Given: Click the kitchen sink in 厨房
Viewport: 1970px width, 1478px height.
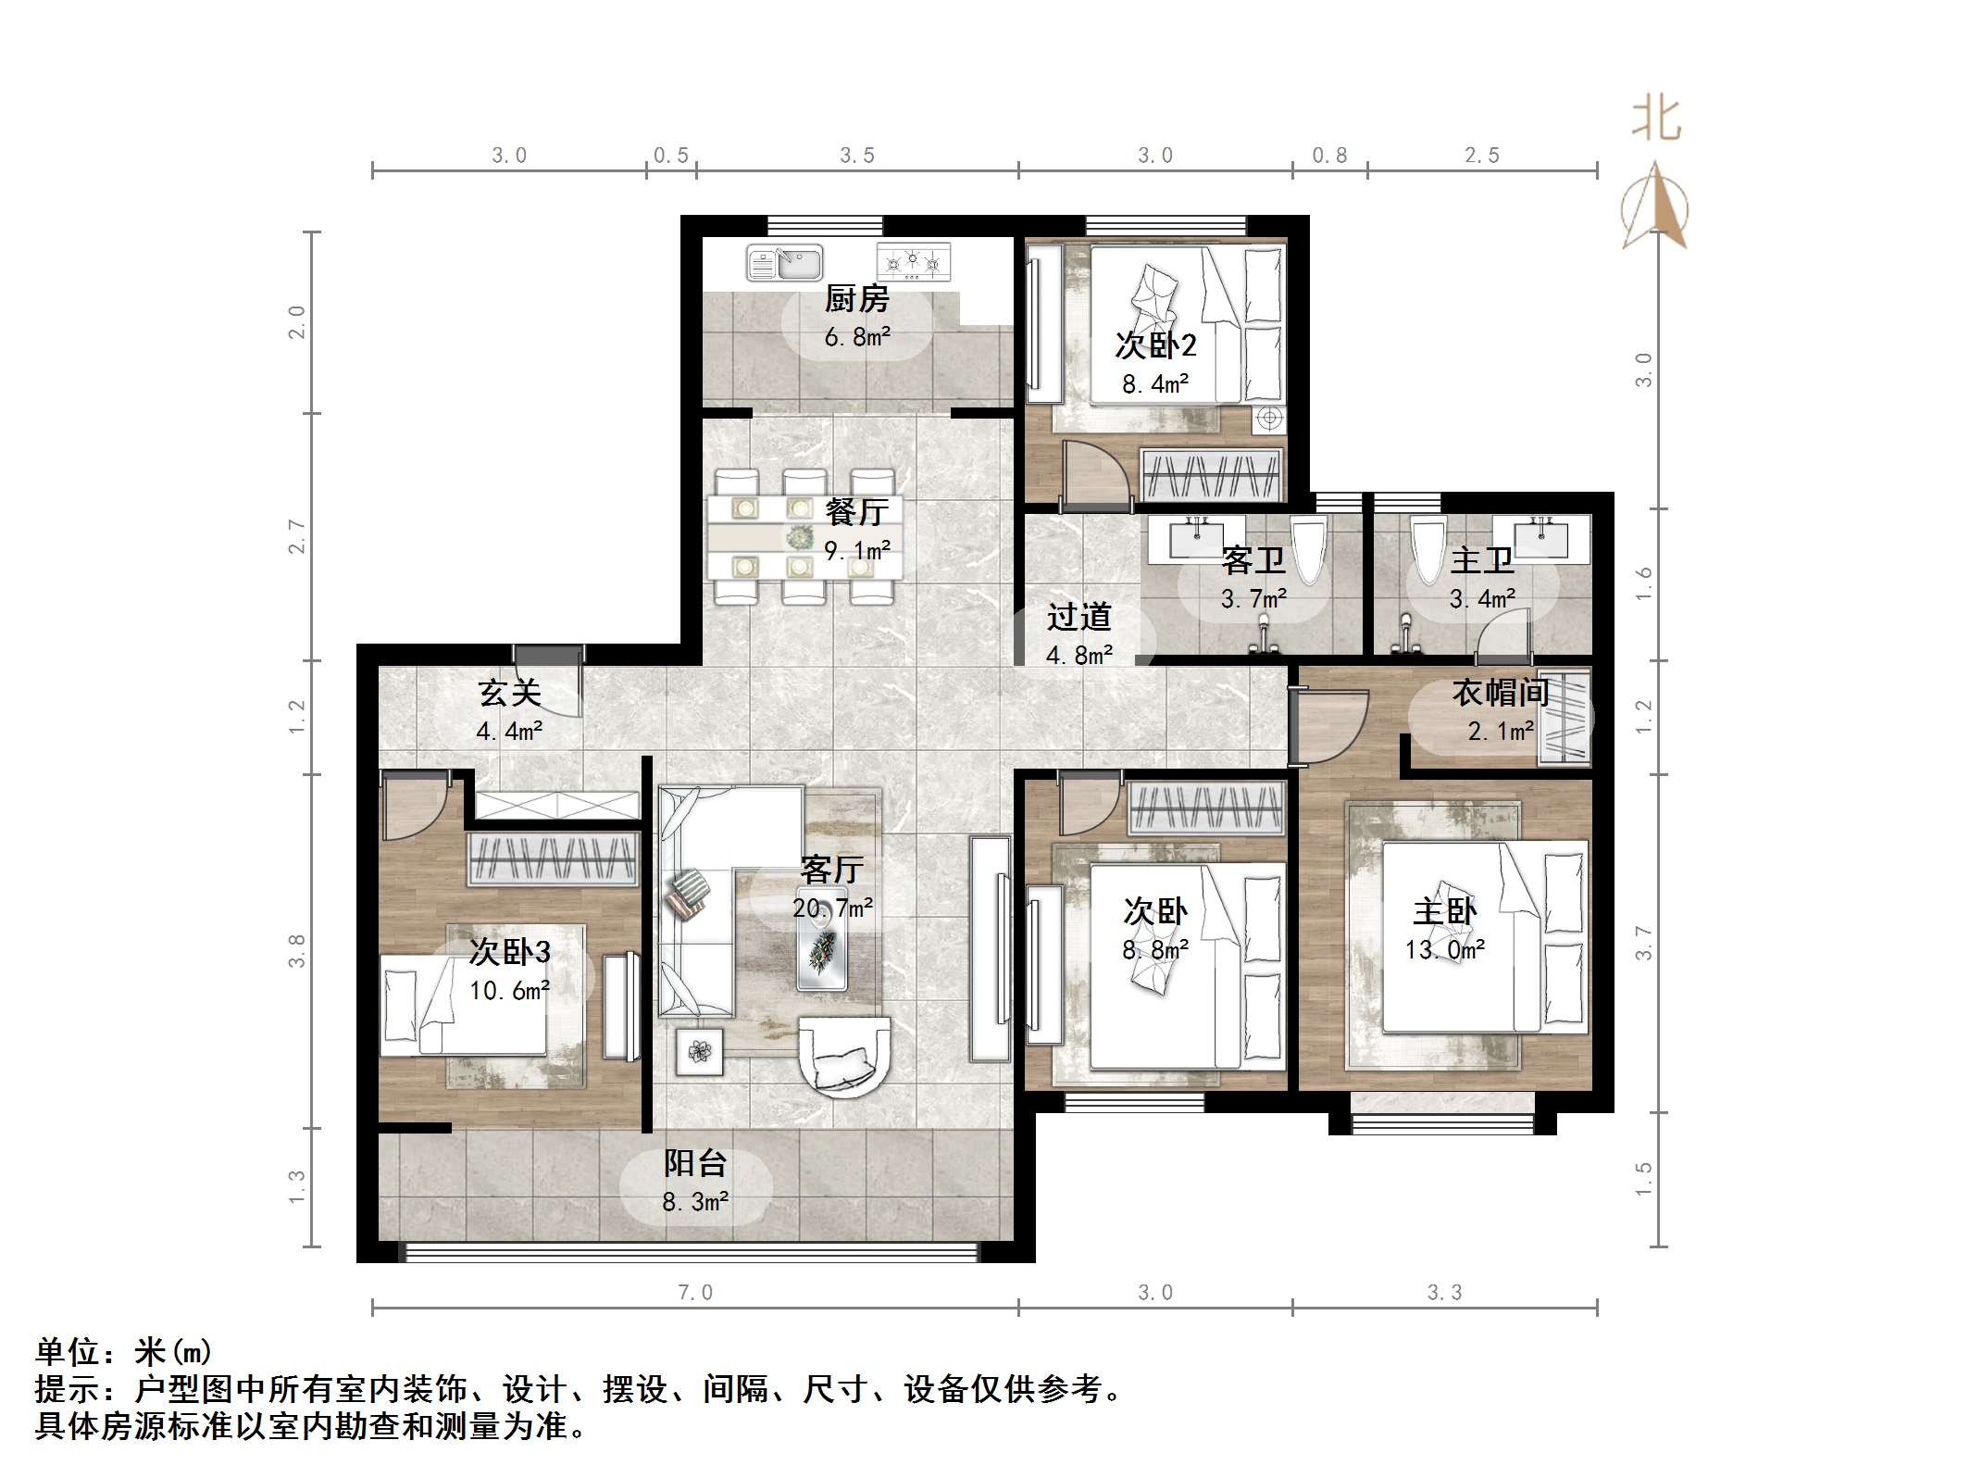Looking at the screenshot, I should [784, 263].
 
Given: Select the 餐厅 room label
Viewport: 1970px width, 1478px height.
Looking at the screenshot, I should [856, 511].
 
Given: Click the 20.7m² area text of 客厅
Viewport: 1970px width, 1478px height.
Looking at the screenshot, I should [831, 908].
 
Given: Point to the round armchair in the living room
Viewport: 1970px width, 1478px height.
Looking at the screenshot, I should [843, 1057].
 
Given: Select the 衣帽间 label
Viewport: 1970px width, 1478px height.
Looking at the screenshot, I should [1500, 692].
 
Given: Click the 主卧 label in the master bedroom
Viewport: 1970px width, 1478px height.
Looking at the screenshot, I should [1444, 911].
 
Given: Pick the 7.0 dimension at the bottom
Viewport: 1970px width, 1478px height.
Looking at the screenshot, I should [695, 1293].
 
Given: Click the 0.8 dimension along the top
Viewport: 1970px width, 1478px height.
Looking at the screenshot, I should [1329, 156].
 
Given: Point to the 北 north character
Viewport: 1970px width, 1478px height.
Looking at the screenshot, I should [1656, 120].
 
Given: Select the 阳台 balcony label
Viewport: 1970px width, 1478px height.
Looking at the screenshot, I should [695, 1163].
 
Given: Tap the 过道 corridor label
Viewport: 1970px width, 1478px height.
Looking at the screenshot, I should [1079, 617].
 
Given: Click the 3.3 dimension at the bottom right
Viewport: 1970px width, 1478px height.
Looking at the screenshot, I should [1444, 1293].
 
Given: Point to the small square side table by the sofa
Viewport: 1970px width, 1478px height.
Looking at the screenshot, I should [699, 1051].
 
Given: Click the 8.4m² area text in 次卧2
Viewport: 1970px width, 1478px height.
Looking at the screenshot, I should [1154, 384].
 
